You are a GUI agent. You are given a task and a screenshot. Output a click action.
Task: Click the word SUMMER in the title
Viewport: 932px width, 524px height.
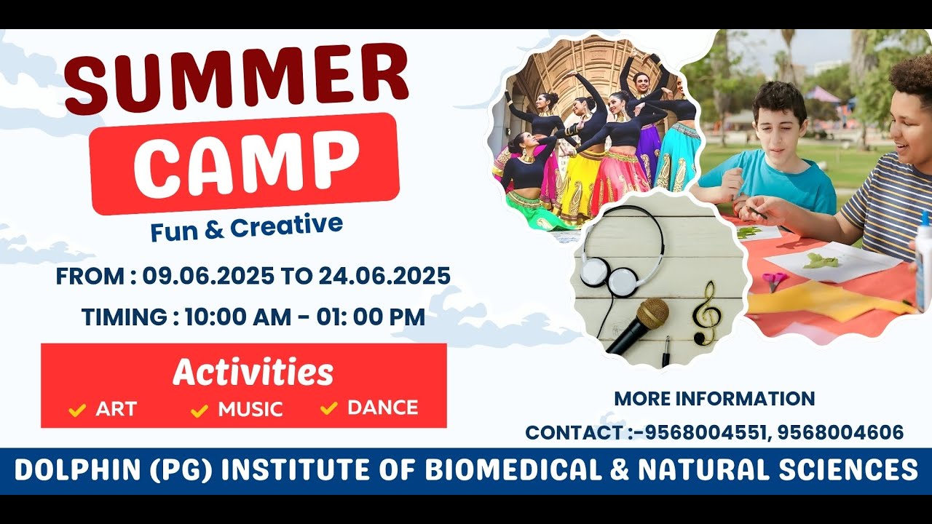coord(237,76)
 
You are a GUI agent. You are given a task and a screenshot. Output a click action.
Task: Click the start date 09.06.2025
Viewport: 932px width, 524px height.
coord(208,277)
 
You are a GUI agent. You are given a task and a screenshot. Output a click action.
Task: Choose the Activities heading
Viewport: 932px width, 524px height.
coord(253,373)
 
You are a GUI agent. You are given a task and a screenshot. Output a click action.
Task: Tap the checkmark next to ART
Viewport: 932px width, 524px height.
coord(77,410)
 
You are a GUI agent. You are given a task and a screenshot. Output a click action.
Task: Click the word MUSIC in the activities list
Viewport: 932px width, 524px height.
coord(250,409)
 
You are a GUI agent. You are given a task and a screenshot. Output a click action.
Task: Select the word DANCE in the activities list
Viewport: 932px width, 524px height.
coord(383,408)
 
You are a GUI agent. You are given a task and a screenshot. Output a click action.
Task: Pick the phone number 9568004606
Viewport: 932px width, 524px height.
coord(840,432)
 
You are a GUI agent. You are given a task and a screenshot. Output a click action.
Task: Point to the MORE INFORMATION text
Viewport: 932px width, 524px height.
coord(714,399)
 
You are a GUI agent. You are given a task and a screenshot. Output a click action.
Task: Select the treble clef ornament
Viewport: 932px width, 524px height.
coord(707,311)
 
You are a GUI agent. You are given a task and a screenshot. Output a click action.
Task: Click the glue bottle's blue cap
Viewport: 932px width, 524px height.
coord(925,218)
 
